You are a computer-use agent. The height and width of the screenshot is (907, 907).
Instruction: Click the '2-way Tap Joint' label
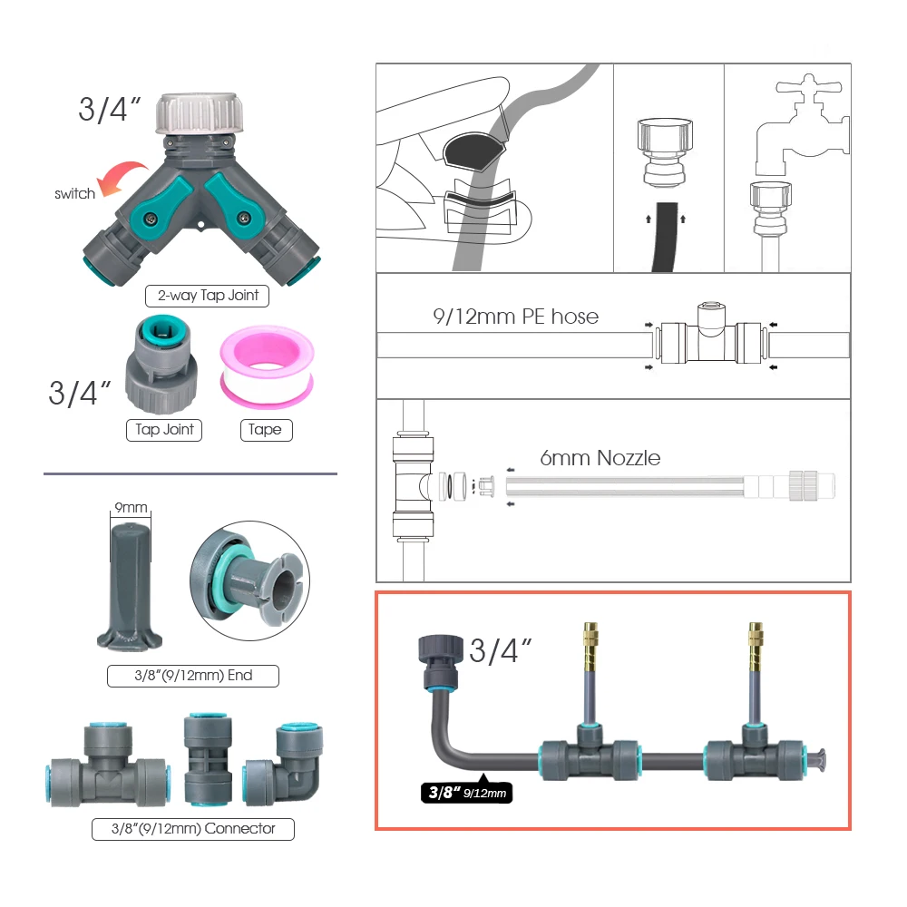click(x=207, y=295)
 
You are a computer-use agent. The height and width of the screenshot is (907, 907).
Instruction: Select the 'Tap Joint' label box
click(x=165, y=429)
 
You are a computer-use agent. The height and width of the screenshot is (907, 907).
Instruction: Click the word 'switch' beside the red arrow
click(x=74, y=193)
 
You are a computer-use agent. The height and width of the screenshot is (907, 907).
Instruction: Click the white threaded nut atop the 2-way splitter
click(x=200, y=114)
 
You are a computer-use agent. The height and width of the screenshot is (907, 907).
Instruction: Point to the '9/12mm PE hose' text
click(x=515, y=316)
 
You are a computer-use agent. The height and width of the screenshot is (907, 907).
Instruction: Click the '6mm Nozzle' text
click(x=600, y=458)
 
